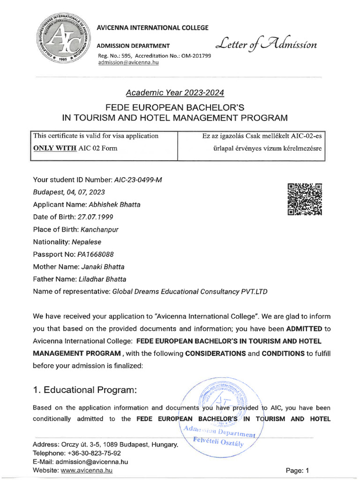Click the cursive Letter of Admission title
(x=266, y=45)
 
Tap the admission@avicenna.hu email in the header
(x=128, y=63)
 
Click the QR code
(x=305, y=199)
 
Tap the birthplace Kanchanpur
(x=101, y=230)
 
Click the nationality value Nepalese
(x=86, y=242)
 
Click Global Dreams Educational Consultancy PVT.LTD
(x=190, y=292)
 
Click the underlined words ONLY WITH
(x=54, y=148)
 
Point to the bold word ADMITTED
(x=303, y=328)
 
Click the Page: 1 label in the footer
(x=297, y=470)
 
